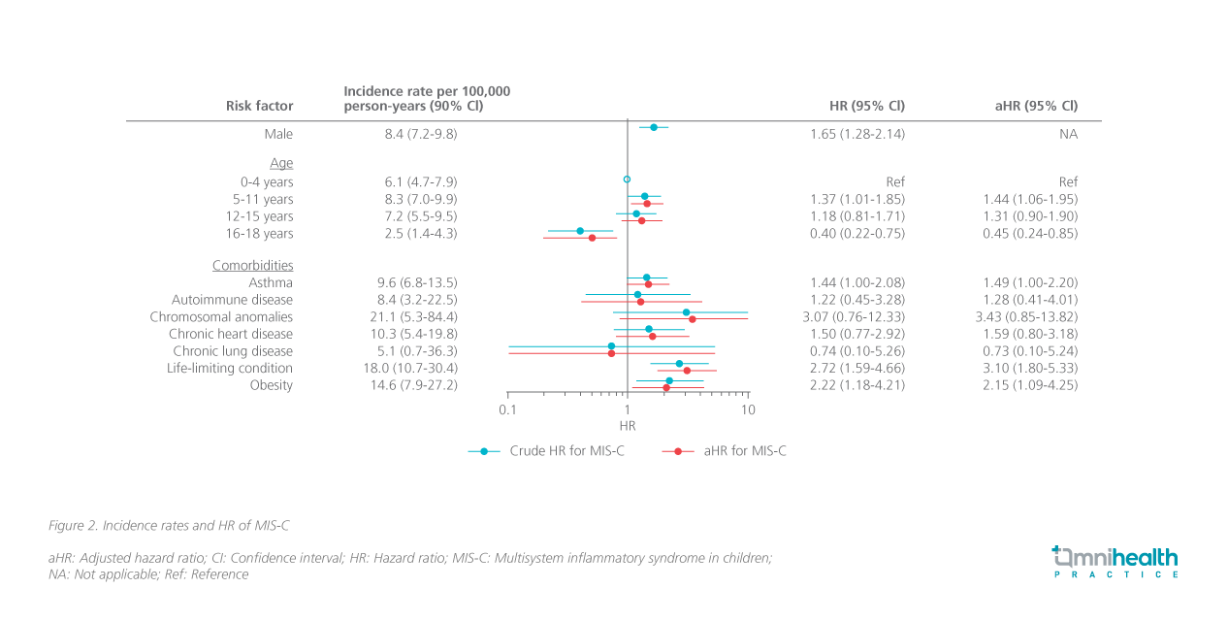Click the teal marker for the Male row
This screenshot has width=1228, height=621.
tap(654, 127)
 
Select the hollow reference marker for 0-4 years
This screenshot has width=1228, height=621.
tap(627, 180)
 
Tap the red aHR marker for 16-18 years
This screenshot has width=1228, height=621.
tap(592, 238)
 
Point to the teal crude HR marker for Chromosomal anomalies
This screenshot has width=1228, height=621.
tap(686, 312)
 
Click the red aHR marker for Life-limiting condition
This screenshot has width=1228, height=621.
tap(687, 371)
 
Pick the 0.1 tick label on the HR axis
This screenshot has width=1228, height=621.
tap(507, 409)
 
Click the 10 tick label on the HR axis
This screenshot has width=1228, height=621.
tap(748, 409)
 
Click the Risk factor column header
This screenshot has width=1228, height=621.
tap(259, 106)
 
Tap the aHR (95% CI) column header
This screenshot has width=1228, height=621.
tap(1036, 106)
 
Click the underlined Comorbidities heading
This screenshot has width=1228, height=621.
tap(252, 265)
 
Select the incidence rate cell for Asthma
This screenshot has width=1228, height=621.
tap(416, 282)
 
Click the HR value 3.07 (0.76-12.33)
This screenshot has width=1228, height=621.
tap(857, 316)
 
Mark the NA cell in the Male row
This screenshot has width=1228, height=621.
tap(1068, 134)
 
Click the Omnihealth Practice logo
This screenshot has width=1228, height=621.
tap(1115, 562)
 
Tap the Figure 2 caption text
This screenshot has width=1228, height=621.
tap(169, 525)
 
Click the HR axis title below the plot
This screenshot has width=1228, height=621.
tap(628, 426)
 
